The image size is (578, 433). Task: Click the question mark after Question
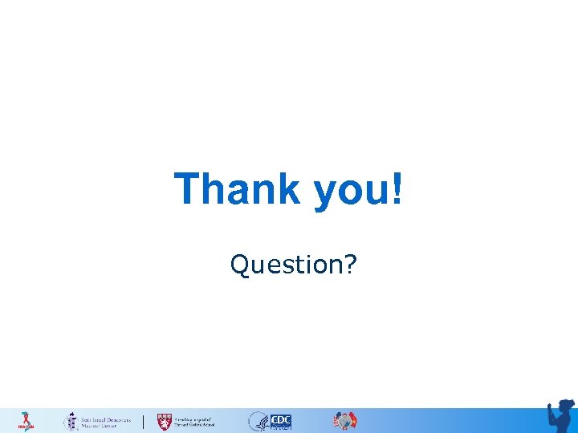pyautogui.click(x=350, y=264)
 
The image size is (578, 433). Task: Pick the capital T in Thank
pyautogui.click(x=187, y=189)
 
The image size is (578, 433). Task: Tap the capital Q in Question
pyautogui.click(x=238, y=265)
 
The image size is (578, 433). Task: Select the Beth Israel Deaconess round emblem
pyautogui.click(x=71, y=421)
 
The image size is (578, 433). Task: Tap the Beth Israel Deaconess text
pyautogui.click(x=106, y=418)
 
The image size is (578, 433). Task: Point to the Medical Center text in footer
pyautogui.click(x=100, y=425)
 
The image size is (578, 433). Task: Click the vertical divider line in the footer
pyautogui.click(x=144, y=421)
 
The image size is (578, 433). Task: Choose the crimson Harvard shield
pyautogui.click(x=164, y=421)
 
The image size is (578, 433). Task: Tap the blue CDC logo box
pyautogui.click(x=281, y=421)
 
